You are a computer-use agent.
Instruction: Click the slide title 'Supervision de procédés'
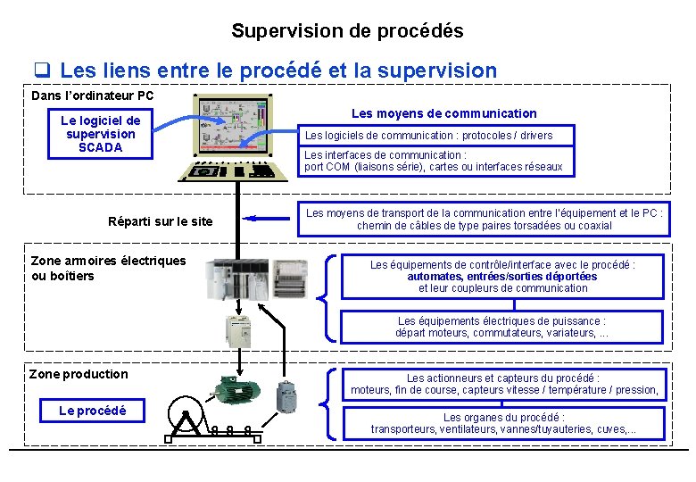click(x=347, y=30)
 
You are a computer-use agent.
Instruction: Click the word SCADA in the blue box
click(x=100, y=147)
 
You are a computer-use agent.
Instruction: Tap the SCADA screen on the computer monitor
click(x=236, y=122)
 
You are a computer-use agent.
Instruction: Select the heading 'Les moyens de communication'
click(x=443, y=113)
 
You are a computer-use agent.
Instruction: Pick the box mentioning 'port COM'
click(x=435, y=161)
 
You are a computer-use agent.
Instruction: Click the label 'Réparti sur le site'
click(x=160, y=221)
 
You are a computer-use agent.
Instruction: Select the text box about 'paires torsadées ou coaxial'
click(x=484, y=220)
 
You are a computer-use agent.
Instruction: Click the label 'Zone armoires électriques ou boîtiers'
click(x=108, y=268)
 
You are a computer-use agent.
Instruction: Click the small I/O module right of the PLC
click(x=289, y=279)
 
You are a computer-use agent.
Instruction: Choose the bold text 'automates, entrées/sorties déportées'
click(x=502, y=277)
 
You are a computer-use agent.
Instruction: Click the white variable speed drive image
click(x=239, y=332)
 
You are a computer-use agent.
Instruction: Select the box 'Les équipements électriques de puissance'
click(x=502, y=327)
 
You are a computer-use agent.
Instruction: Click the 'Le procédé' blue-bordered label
click(x=93, y=411)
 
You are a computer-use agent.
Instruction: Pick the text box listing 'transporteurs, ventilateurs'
click(x=503, y=423)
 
